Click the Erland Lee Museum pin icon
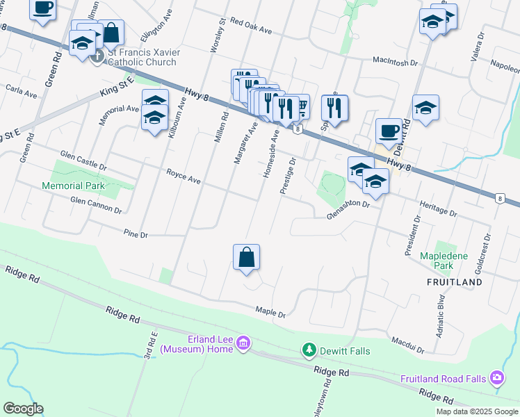pos(243,343)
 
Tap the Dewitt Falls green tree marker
pos(309,350)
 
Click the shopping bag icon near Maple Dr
pos(247,257)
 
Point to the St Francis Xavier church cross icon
pos(97,56)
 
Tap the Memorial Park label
pos(73,186)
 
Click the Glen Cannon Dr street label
pos(96,204)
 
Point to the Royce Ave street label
pos(184,176)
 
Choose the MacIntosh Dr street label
pos(397,61)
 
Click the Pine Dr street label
pos(136,234)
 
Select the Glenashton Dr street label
pos(348,210)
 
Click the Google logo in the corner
pos(23,409)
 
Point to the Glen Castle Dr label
pos(83,161)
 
